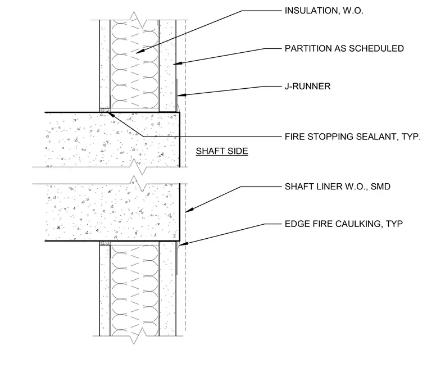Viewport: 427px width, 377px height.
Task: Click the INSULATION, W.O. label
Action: pos(324,11)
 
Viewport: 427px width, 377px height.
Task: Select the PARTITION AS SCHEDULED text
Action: pos(344,48)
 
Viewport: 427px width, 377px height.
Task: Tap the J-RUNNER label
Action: pos(307,87)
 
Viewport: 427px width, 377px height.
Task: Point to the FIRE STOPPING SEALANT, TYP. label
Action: pos(353,137)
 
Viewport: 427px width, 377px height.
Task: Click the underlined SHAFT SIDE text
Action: pos(222,151)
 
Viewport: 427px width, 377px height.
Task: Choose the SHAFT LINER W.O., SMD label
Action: pos(338,187)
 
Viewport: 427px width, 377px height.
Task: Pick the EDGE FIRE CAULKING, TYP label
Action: pos(344,224)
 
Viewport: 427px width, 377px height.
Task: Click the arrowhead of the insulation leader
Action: pos(139,51)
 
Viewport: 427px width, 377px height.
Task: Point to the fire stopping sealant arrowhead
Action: pos(112,115)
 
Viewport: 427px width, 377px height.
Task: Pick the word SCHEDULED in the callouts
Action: pos(376,48)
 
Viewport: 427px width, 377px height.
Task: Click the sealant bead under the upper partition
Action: pos(105,110)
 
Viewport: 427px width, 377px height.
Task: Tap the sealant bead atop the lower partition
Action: pos(105,243)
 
